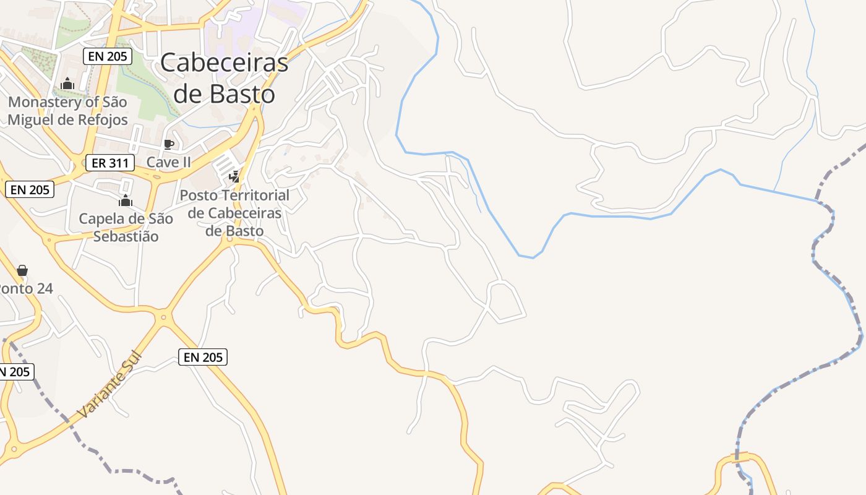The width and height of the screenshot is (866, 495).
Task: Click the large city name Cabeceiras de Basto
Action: click(x=224, y=78)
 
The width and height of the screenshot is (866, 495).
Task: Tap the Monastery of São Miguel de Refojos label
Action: click(x=67, y=111)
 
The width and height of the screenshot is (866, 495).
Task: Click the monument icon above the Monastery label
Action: click(x=67, y=84)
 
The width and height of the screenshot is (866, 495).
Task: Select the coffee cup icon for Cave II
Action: click(x=168, y=145)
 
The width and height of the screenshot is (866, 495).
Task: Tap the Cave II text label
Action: click(x=168, y=162)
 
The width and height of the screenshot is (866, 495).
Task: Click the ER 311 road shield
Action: click(x=109, y=163)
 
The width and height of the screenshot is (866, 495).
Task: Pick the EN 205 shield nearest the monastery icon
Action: click(x=107, y=56)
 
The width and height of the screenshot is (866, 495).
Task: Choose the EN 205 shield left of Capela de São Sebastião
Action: click(x=30, y=190)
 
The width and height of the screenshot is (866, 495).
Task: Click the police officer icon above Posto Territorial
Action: click(x=234, y=177)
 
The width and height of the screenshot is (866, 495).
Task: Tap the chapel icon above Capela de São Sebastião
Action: click(x=126, y=200)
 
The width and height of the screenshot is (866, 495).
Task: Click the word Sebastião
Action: click(x=126, y=236)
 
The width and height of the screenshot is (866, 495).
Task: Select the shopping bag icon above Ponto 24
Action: click(x=22, y=270)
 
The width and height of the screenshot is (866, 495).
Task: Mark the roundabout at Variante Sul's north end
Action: click(x=164, y=317)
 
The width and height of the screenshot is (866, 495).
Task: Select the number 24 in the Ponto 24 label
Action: click(x=43, y=288)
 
